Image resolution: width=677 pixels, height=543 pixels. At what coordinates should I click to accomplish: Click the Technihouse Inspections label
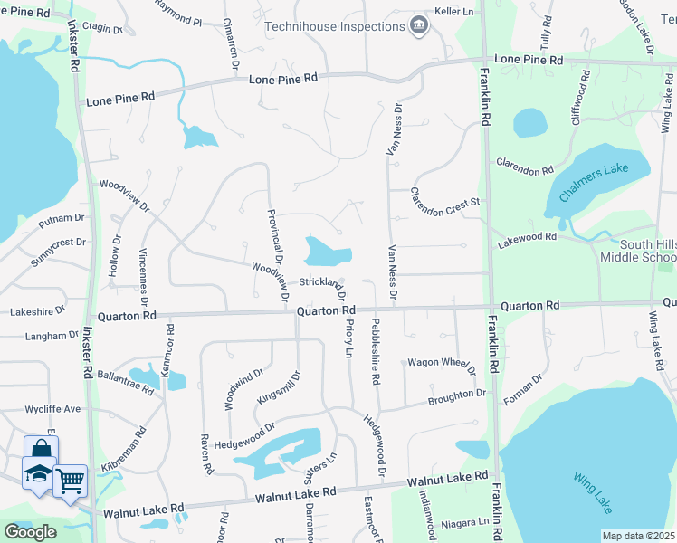coord(334,26)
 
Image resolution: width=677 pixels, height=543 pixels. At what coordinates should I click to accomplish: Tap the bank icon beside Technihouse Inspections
coord(418,25)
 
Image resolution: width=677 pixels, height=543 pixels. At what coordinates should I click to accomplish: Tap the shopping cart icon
coord(70,479)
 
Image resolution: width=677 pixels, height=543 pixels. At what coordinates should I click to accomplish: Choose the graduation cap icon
coord(39,473)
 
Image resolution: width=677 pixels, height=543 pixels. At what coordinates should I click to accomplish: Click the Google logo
coord(30,532)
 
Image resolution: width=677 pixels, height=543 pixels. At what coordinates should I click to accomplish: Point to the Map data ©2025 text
coord(638,536)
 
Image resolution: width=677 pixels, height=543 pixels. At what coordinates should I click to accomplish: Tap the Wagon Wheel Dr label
coord(441,364)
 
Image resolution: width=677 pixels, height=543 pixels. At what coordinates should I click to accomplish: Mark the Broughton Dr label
coord(456,396)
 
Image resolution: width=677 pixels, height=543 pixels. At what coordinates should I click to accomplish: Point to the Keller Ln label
coord(454,12)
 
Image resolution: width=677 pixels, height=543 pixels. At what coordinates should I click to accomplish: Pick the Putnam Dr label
coord(62,218)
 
